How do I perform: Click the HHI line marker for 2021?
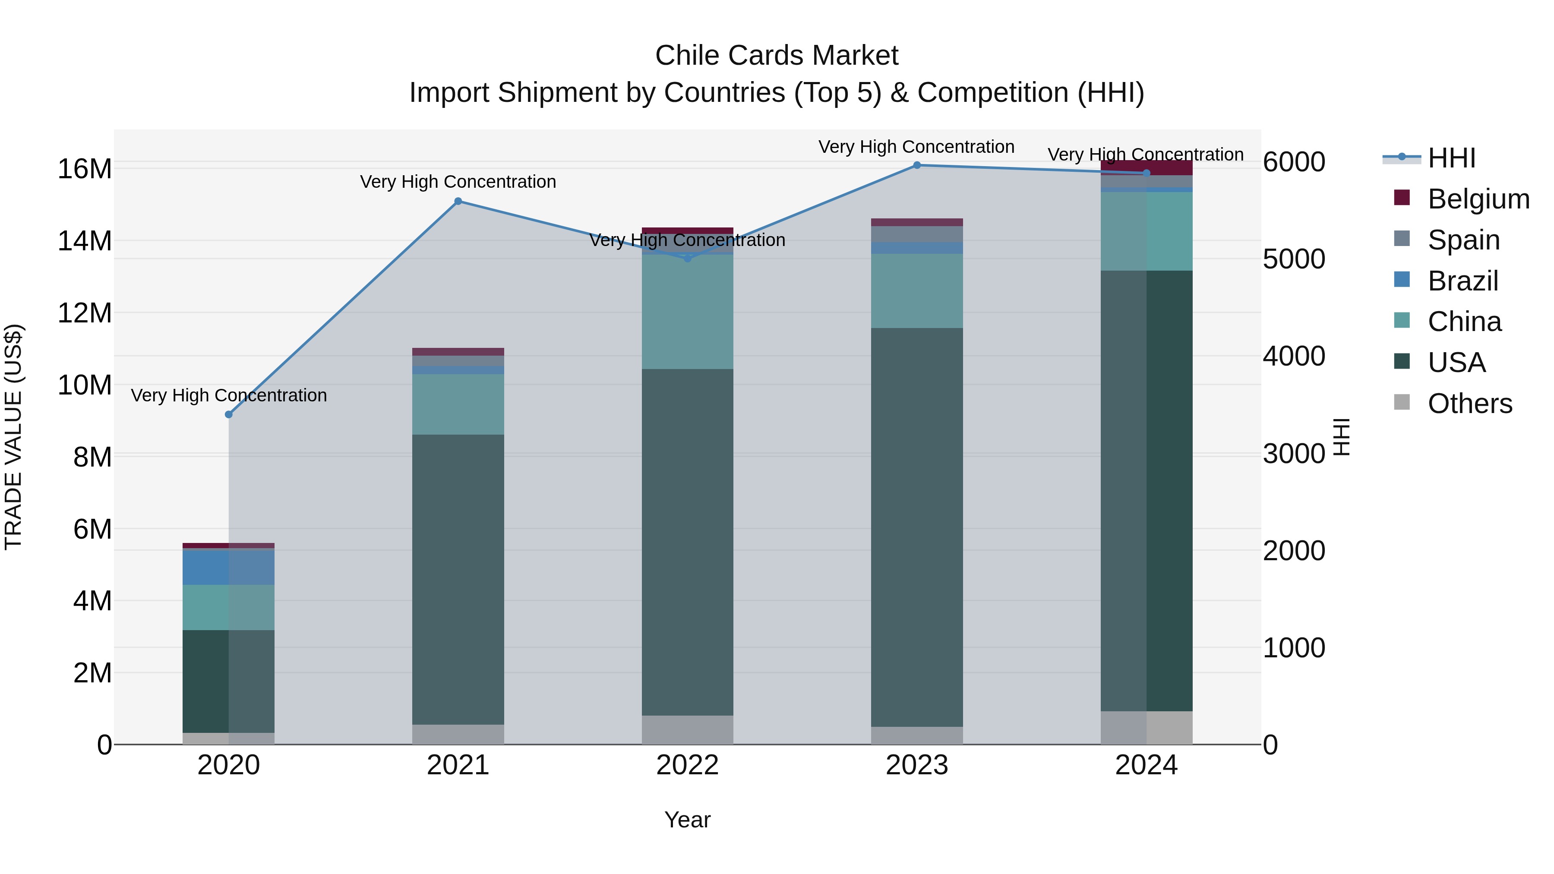pos(458,202)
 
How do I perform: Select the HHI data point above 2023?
pos(917,165)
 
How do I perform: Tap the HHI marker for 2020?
pos(229,414)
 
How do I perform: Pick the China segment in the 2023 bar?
pos(917,291)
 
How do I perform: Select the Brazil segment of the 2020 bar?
pos(229,568)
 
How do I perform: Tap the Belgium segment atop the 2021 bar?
pos(458,352)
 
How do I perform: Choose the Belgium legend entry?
pos(1478,199)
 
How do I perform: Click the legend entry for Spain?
pos(1463,240)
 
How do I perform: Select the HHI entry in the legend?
pos(1451,158)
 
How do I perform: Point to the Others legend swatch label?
pos(1469,404)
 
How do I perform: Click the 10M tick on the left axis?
pos(85,385)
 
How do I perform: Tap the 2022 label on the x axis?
pos(687,765)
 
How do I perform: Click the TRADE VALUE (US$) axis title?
pos(13,437)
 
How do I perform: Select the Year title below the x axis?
pos(687,820)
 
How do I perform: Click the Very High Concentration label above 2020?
pos(229,396)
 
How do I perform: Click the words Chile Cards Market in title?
pos(777,56)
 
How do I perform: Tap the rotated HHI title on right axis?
pos(1340,437)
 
